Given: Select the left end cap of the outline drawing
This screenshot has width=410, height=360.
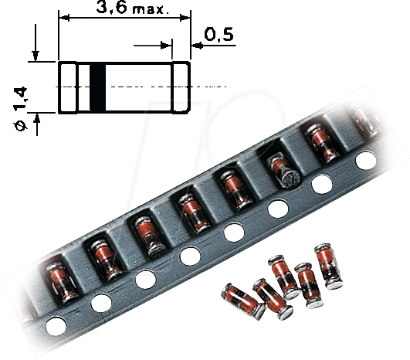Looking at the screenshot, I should coord(68,87).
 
